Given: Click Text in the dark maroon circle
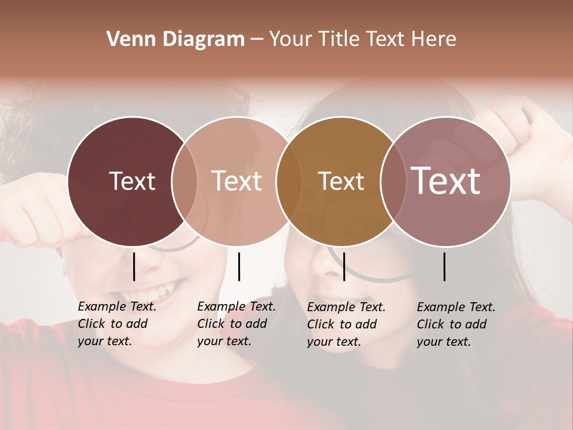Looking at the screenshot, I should pos(132,181).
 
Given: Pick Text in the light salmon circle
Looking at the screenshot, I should pos(237,181).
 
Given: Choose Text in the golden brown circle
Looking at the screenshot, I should pos(341,181).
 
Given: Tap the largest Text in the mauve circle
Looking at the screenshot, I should pos(446,180).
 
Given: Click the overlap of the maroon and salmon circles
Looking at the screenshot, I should pos(184,181).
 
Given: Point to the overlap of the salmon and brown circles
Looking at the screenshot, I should pos(289,181).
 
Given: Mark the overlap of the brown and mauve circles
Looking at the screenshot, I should pos(392,181).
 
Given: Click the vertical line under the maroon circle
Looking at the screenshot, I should pos(134,266).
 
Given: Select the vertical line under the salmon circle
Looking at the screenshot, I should pos(239,266).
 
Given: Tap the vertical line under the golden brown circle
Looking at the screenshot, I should pos(344,266).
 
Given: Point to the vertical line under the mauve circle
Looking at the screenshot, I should pos(445,266).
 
